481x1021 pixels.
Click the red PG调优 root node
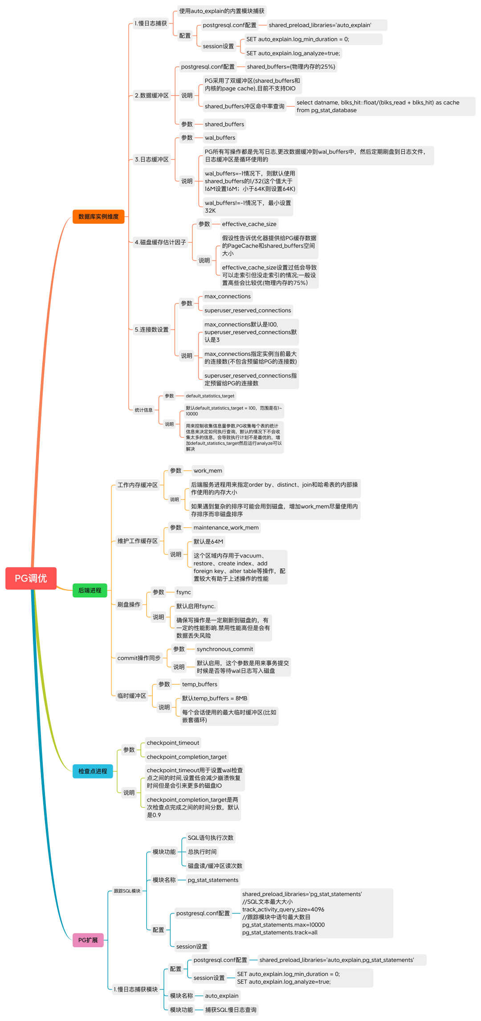(31, 578)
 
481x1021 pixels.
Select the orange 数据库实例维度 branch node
(98, 217)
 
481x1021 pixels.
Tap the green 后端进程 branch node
(90, 590)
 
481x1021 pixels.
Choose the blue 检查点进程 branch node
(93, 771)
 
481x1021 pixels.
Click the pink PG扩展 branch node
(88, 940)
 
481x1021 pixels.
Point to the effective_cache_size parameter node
(249, 224)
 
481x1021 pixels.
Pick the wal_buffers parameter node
(220, 138)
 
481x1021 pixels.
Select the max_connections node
(228, 296)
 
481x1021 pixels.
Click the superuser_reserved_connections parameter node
(248, 311)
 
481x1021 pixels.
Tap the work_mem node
(208, 471)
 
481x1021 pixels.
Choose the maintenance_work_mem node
(226, 528)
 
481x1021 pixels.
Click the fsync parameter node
(183, 592)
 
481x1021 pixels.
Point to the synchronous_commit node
(224, 649)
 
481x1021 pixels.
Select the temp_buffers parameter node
(200, 684)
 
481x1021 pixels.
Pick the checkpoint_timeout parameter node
(173, 743)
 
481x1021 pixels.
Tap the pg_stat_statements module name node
(213, 880)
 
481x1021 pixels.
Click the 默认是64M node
(208, 541)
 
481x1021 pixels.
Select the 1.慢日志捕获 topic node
(151, 23)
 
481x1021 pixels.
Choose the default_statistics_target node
(210, 396)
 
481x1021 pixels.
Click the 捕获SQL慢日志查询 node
(231, 1010)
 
